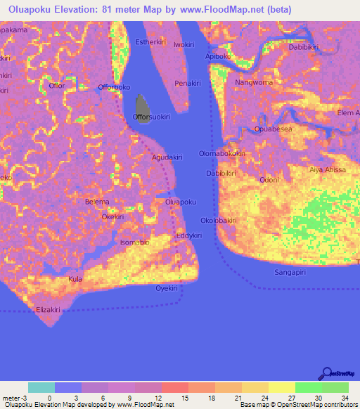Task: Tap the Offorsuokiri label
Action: pyautogui.click(x=152, y=117)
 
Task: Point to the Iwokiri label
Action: pyautogui.click(x=184, y=44)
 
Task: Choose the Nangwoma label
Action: pyautogui.click(x=254, y=82)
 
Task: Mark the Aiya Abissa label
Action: pyautogui.click(x=328, y=170)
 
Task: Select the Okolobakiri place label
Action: pyautogui.click(x=219, y=220)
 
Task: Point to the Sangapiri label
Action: pyautogui.click(x=293, y=271)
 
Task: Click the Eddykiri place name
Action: pyautogui.click(x=190, y=235)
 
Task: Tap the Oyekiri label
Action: pyautogui.click(x=166, y=288)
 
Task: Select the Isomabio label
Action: pyautogui.click(x=135, y=242)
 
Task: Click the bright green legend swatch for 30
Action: pyautogui.click(x=308, y=387)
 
